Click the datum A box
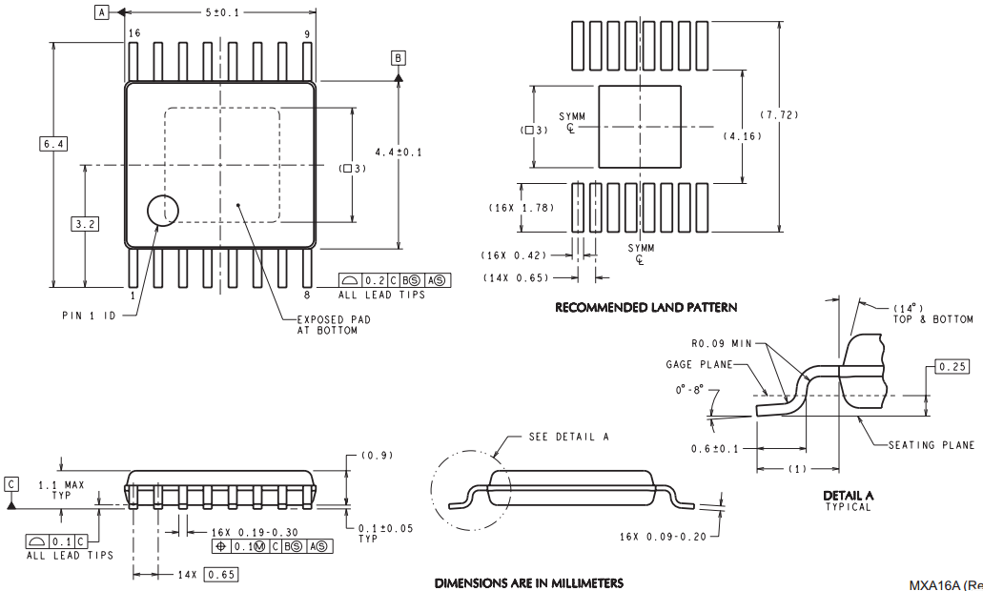coord(102,11)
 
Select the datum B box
coord(399,58)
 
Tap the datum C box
coord(11,484)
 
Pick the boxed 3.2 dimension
coord(85,224)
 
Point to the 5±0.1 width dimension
coord(221,12)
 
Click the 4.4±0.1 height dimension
coord(399,153)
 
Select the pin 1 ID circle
coord(163,210)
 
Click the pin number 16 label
coord(134,33)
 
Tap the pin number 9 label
coord(307,33)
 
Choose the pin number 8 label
coord(307,295)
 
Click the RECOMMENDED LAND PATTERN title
coord(646,308)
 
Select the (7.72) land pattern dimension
coord(779,114)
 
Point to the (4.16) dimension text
coord(743,136)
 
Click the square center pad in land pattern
coord(640,127)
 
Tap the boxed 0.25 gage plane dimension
coord(952,367)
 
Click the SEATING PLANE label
coord(931,445)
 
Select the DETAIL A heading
coord(849,496)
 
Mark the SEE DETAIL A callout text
coord(568,437)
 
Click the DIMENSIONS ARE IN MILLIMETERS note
coord(529,583)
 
